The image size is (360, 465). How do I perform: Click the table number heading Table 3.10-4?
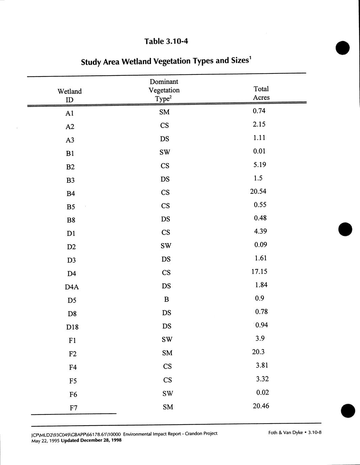(166, 41)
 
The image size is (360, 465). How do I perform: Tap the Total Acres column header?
(261, 93)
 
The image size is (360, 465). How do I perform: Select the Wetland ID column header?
(70, 95)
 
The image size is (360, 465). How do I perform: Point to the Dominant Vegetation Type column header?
(164, 90)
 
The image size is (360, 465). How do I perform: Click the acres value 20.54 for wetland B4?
(258, 191)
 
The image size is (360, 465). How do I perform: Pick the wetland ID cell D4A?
(72, 287)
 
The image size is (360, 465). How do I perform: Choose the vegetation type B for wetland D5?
(166, 299)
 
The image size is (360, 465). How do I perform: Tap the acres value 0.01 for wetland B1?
(259, 151)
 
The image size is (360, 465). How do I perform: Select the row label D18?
(72, 327)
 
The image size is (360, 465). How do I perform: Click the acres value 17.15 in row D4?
(259, 272)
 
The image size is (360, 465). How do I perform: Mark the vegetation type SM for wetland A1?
(164, 112)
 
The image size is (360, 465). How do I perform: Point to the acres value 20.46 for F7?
(261, 406)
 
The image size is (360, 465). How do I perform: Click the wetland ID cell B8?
(71, 220)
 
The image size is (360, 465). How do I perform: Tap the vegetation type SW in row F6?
(168, 393)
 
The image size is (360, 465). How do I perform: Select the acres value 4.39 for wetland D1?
(260, 231)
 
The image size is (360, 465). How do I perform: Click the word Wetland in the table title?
(136, 62)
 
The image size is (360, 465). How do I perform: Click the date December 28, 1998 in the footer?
(101, 440)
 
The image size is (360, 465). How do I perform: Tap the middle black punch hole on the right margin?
(345, 229)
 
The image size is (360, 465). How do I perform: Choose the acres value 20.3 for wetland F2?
(258, 352)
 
